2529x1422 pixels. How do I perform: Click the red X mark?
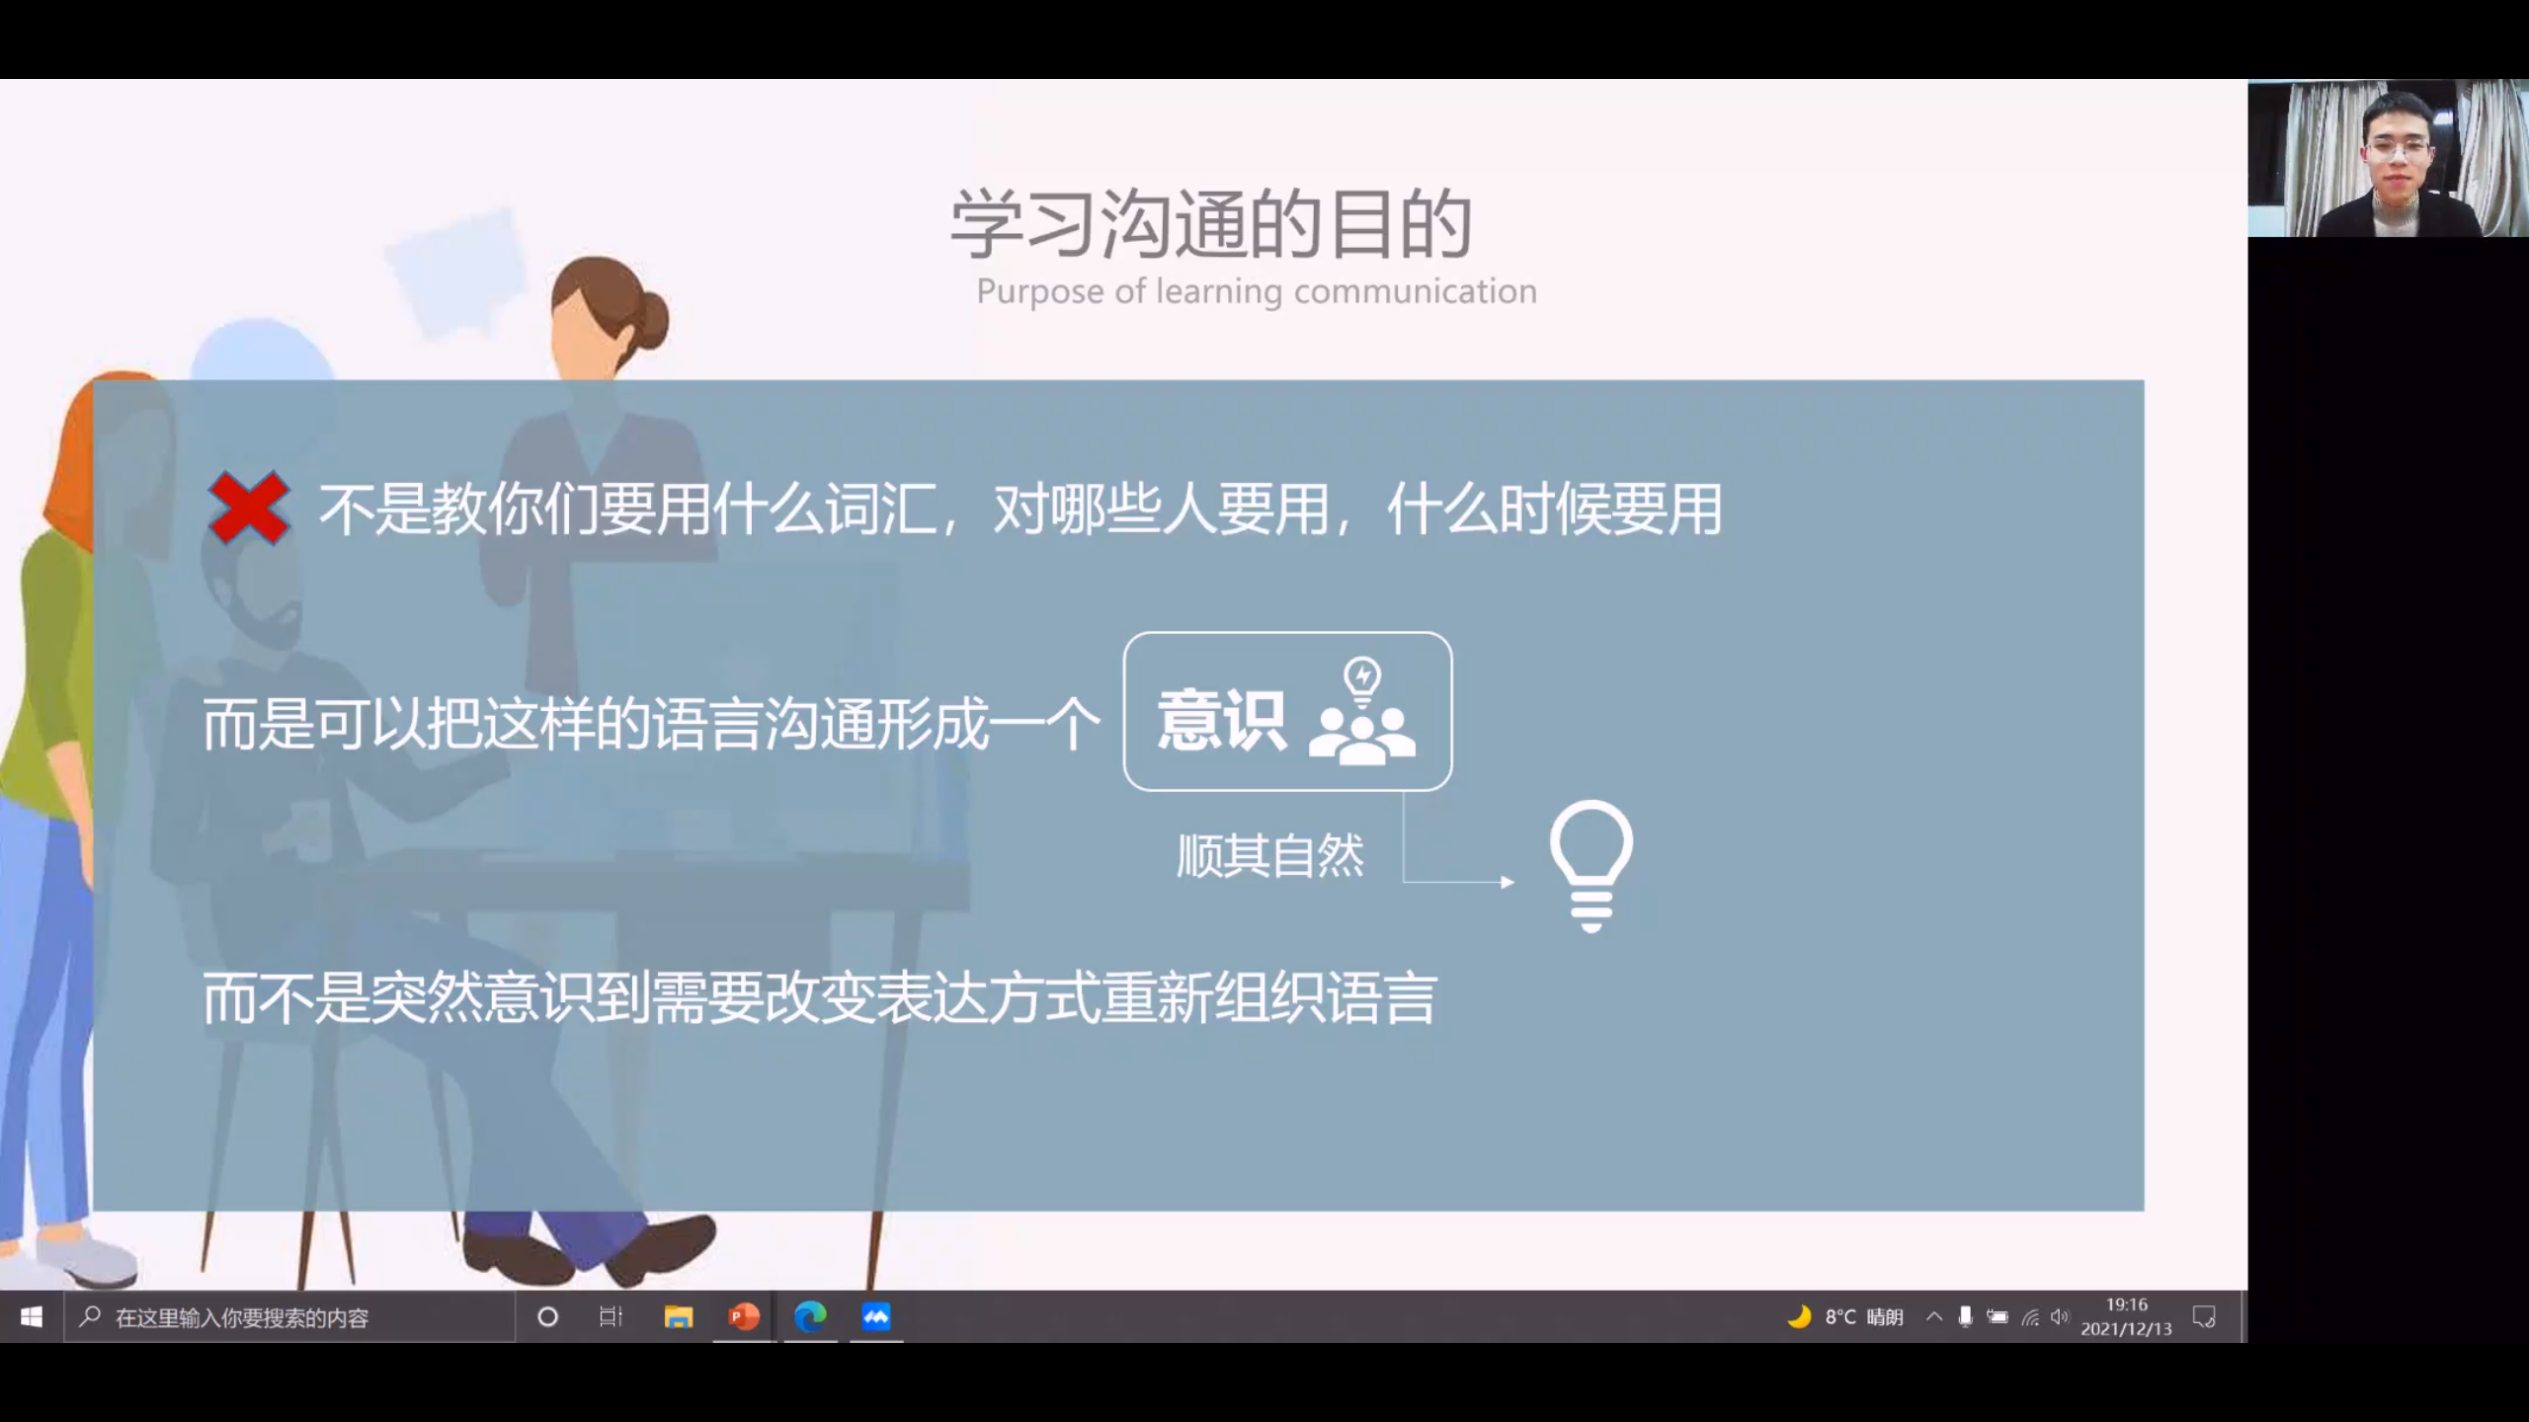(x=249, y=509)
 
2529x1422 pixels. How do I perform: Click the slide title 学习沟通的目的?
(x=1212, y=224)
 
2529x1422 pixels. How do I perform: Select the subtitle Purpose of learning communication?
(x=1257, y=291)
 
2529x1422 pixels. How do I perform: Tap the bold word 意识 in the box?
(x=1222, y=720)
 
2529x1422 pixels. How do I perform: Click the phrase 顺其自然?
(x=1270, y=856)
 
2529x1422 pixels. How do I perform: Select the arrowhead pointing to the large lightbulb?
(x=1508, y=882)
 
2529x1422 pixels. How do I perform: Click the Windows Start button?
(x=32, y=1316)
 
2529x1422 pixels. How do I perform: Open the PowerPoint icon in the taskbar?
(x=744, y=1316)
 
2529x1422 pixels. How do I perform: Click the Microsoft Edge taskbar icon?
(x=810, y=1316)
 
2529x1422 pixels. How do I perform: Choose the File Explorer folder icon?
(x=679, y=1316)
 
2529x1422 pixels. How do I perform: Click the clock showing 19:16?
(x=2127, y=1304)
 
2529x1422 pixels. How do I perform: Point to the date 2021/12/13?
(x=2127, y=1329)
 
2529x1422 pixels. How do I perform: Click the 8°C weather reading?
(x=1840, y=1316)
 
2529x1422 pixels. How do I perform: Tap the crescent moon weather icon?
(x=1800, y=1316)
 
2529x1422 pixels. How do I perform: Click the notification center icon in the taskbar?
(x=2204, y=1316)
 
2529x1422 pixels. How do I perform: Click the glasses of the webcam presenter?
(x=2397, y=151)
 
